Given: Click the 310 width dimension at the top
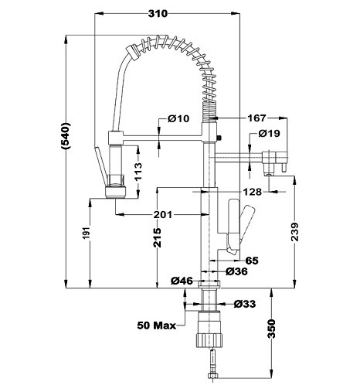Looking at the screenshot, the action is tap(158, 14).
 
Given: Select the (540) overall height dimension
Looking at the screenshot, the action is tap(65, 136).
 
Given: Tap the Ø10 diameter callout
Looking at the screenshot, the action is tap(178, 118).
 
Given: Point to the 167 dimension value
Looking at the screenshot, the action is tap(256, 118).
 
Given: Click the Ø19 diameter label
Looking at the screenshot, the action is tap(269, 133).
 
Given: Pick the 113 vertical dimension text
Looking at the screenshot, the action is tap(138, 172).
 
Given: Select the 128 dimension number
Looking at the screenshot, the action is tap(253, 192).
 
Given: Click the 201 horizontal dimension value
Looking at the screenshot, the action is tap(162, 214).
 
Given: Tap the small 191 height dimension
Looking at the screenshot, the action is tap(87, 233).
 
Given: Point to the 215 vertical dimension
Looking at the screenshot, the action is tap(157, 237).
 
